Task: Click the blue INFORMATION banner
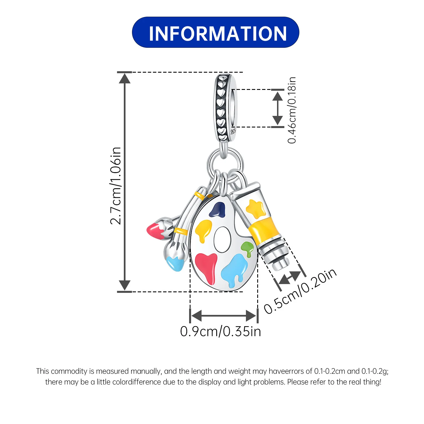tap(215, 32)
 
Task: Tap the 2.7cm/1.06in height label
tap(116, 186)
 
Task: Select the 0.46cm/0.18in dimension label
tap(292, 110)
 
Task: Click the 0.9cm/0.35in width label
tap(220, 331)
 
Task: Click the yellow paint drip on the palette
tap(204, 230)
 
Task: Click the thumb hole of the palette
tap(222, 239)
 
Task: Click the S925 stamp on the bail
tap(233, 131)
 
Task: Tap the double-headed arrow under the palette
tap(223, 315)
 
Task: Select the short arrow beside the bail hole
tap(278, 108)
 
